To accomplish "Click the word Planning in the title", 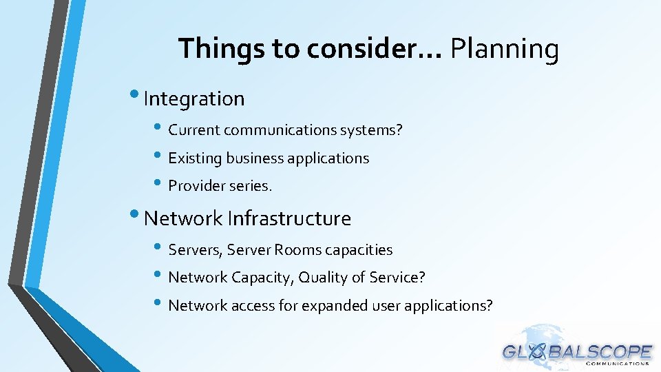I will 504,50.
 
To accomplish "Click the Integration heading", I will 194,99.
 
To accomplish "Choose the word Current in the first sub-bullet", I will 194,130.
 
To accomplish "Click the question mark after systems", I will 399,130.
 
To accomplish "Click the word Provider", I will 196,186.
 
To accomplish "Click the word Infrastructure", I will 289,218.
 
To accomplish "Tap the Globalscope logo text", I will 577,352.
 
